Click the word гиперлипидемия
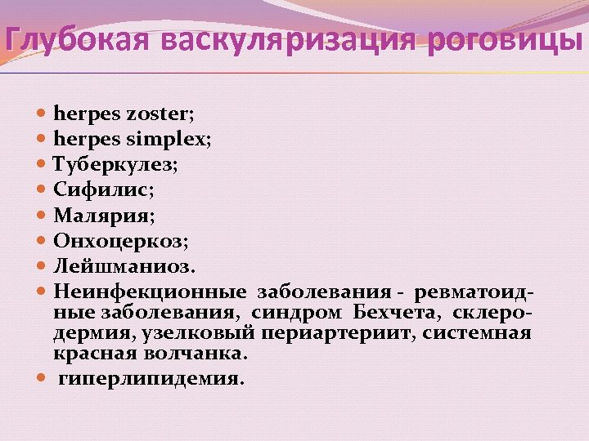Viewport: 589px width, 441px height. [x=151, y=380]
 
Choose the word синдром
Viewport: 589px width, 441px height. [x=299, y=312]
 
